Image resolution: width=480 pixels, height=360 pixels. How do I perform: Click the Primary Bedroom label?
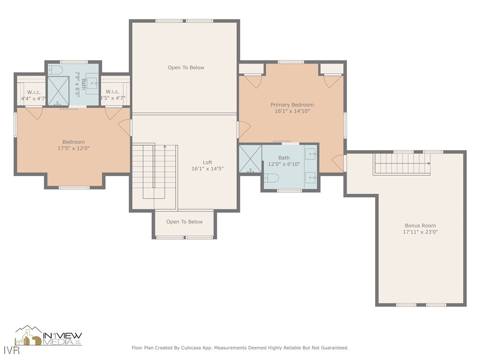pyautogui.click(x=292, y=105)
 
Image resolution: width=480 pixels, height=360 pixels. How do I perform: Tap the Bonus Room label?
pyautogui.click(x=420, y=225)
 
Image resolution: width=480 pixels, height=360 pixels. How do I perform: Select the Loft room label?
pyautogui.click(x=207, y=162)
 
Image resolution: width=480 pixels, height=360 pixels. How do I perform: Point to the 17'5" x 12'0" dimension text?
pyautogui.click(x=74, y=148)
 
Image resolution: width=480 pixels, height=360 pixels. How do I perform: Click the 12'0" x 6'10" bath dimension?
pyautogui.click(x=284, y=164)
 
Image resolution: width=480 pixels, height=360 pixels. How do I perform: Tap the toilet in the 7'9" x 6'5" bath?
pyautogui.click(x=56, y=70)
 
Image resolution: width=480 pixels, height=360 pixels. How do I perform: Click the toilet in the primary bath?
pyautogui.click(x=271, y=178)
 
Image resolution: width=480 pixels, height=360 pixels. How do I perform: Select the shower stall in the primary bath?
pyautogui.click(x=250, y=158)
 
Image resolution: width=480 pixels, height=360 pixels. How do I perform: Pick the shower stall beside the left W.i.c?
pyautogui.click(x=59, y=91)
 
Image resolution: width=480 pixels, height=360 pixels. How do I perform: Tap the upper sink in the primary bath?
pyautogui.click(x=311, y=154)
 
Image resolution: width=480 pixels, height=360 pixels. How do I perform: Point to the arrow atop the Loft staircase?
pyautogui.click(x=165, y=146)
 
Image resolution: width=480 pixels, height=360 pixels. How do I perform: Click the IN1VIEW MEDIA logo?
pyautogui.click(x=49, y=336)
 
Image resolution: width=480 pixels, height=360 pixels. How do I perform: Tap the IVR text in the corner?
pyautogui.click(x=12, y=350)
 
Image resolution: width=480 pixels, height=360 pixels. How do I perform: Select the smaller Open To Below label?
pyautogui.click(x=184, y=222)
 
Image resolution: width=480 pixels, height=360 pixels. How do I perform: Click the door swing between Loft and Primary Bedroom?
pyautogui.click(x=245, y=129)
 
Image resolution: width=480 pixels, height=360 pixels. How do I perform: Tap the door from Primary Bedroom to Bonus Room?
pyautogui.click(x=338, y=163)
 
